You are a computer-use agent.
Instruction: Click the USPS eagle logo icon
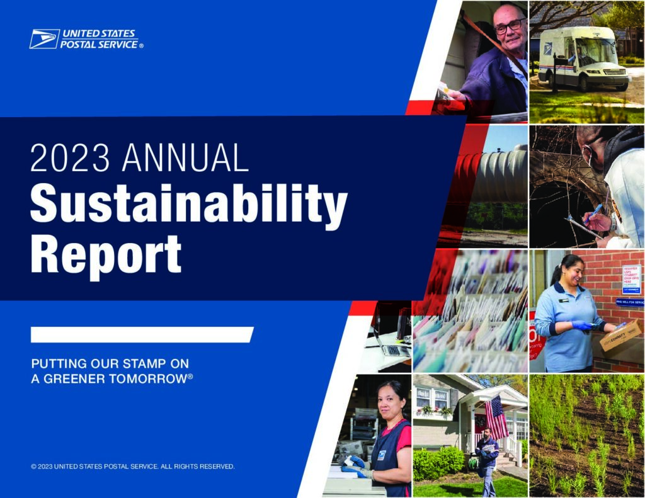44,39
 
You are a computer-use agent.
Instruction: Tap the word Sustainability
188,205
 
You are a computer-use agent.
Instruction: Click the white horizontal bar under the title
142,335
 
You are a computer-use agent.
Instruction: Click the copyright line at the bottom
133,467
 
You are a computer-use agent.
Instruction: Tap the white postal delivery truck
583,60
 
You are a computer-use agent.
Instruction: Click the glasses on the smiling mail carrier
508,26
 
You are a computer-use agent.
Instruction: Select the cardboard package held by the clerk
620,335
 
